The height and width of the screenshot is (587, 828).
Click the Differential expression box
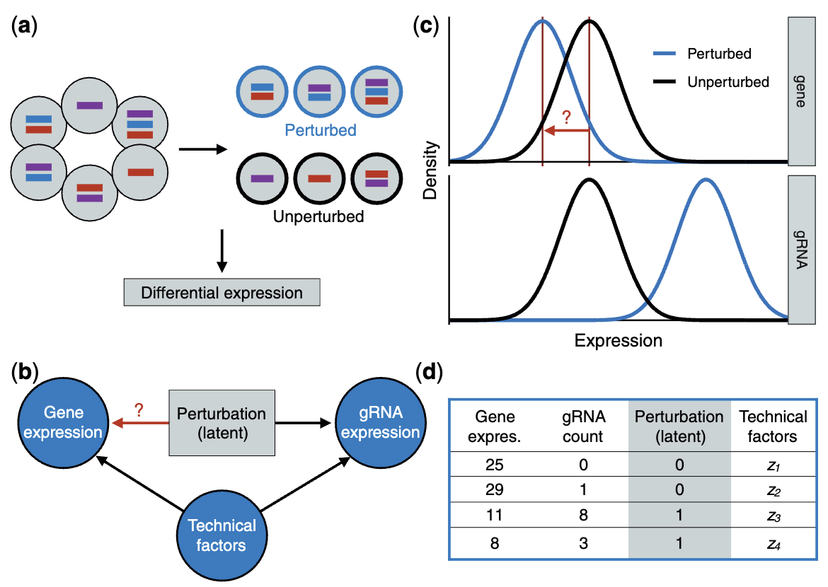(x=222, y=293)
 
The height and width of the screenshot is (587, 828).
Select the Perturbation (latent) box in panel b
(x=222, y=423)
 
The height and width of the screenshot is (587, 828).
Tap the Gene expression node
(x=64, y=423)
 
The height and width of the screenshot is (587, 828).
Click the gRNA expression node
(x=380, y=423)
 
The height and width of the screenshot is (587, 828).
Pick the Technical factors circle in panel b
(x=222, y=535)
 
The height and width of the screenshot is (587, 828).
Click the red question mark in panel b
(x=139, y=410)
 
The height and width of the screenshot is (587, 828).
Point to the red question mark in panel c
(x=567, y=117)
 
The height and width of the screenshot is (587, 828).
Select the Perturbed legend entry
(x=702, y=53)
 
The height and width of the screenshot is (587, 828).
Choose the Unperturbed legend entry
(x=711, y=82)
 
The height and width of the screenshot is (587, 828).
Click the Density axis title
(x=430, y=170)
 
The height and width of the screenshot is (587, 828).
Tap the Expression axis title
(x=619, y=340)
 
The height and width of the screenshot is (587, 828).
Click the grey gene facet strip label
(x=802, y=91)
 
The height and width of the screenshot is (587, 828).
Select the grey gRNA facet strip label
(x=802, y=250)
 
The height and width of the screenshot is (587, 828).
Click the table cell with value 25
(x=494, y=465)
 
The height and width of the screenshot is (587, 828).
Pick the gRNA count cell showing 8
(x=583, y=515)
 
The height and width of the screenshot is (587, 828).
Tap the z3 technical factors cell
(x=774, y=516)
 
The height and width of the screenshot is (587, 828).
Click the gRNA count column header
(x=583, y=426)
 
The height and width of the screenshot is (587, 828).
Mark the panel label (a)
(x=24, y=26)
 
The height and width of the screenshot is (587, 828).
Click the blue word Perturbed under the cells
(x=321, y=130)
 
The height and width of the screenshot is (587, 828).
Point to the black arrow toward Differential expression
(x=222, y=251)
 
